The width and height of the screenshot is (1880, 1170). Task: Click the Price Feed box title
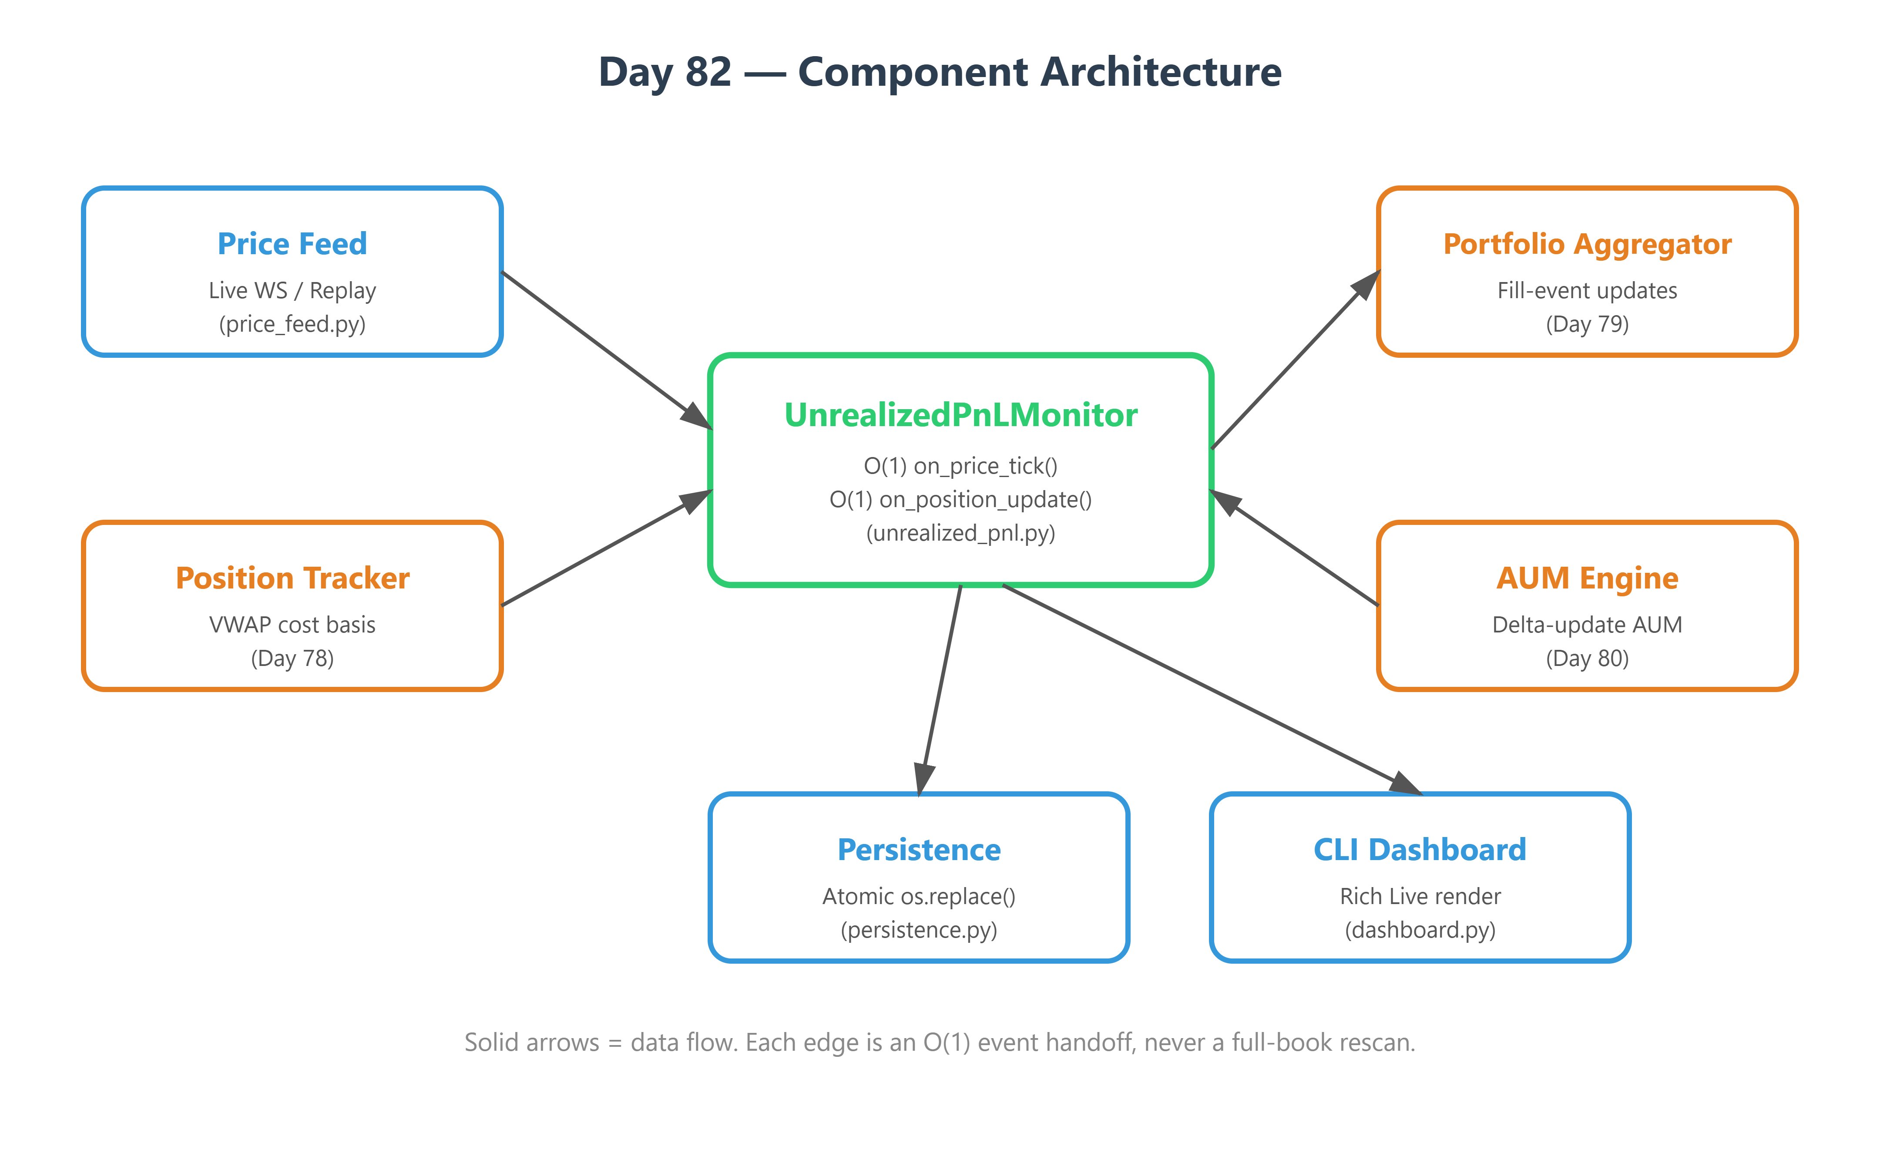292,244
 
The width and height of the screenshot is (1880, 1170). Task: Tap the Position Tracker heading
292,578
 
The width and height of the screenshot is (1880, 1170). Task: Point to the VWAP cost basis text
292,625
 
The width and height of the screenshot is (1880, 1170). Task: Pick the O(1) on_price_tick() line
961,466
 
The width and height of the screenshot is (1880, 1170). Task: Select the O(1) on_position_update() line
961,500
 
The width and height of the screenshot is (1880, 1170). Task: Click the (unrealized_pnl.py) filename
961,533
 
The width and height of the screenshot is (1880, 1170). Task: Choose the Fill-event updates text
1588,290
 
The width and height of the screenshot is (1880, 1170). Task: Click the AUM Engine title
1588,578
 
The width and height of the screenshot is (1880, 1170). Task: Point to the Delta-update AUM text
1588,625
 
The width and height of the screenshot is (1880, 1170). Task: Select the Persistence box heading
919,850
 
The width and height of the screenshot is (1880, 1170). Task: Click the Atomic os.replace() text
919,896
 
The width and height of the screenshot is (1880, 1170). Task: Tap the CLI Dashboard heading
1420,850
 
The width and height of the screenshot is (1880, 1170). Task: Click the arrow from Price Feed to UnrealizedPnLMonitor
607,350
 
